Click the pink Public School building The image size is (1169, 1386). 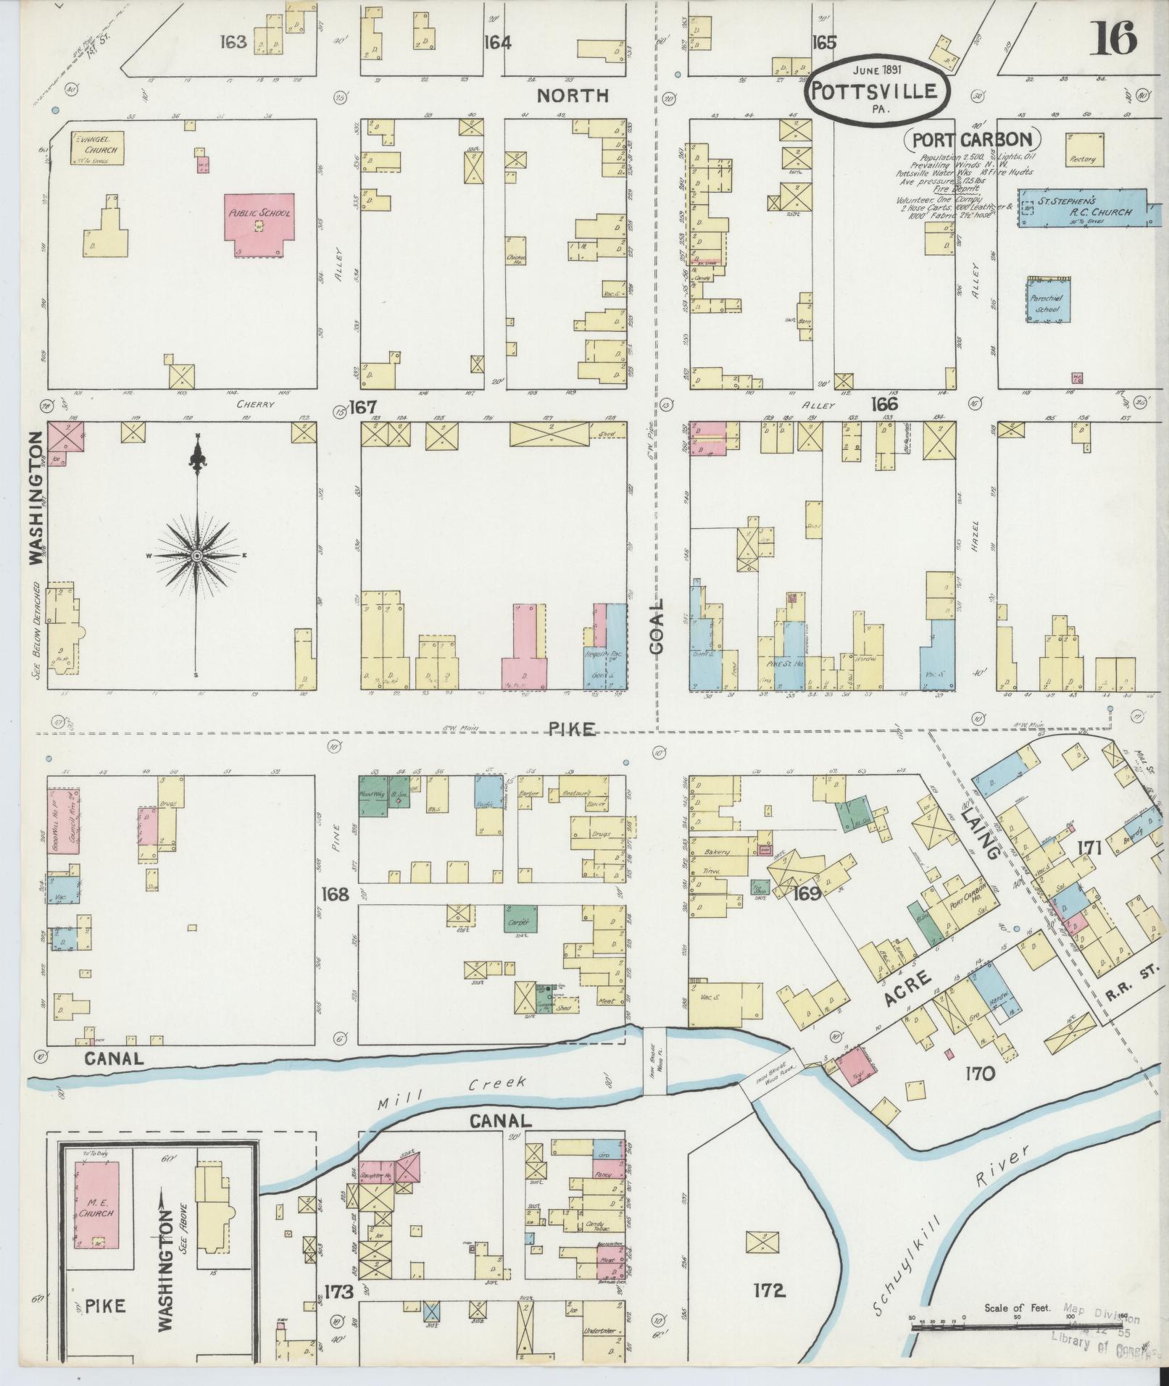click(259, 224)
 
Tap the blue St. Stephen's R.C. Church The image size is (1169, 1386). click(1084, 208)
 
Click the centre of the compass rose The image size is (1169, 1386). click(196, 556)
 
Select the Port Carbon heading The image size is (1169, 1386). click(970, 139)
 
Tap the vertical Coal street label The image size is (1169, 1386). click(657, 627)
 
